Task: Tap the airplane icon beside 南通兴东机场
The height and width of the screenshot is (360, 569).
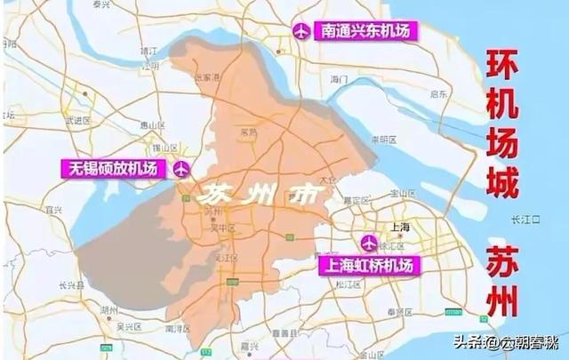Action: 301,31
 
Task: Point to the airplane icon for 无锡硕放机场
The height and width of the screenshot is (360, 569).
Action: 181,167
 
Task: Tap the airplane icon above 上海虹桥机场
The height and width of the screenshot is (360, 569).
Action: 369,242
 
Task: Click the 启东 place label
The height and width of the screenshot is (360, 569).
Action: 437,92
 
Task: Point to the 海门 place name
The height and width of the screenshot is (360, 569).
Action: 338,80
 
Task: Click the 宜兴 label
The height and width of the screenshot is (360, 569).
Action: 52,210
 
